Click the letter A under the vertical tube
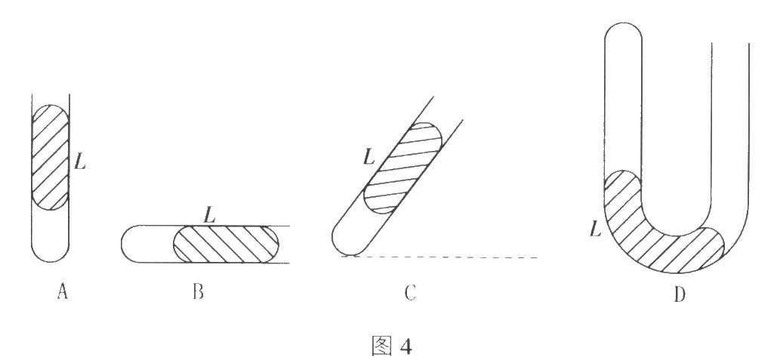click(x=63, y=292)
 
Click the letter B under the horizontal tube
click(x=199, y=292)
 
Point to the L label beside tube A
click(x=80, y=161)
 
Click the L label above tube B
click(x=211, y=214)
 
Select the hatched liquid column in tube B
click(x=227, y=244)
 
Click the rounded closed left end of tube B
click(x=128, y=244)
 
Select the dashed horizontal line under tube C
click(x=453, y=257)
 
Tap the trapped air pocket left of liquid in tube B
click(x=151, y=244)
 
